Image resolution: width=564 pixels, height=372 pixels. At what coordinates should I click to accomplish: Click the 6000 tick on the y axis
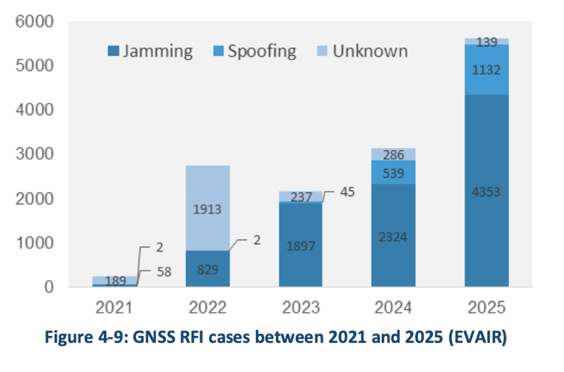point(37,22)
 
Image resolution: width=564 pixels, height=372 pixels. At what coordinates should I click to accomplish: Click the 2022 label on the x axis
point(207,306)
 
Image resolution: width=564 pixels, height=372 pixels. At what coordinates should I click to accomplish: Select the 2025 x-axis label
point(486,306)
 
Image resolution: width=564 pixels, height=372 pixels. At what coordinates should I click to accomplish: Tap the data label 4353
point(487,192)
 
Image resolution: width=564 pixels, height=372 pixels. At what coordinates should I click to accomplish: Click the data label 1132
point(487,70)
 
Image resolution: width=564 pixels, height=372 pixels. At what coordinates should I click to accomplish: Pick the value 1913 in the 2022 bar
point(207,210)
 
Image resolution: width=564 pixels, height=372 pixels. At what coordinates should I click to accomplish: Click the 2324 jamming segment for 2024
point(394,237)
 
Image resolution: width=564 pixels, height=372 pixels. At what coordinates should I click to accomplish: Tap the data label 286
point(394,155)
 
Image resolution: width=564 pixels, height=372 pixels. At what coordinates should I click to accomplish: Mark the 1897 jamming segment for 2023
point(300,245)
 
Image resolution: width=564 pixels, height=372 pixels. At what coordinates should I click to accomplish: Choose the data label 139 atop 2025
point(487,42)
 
